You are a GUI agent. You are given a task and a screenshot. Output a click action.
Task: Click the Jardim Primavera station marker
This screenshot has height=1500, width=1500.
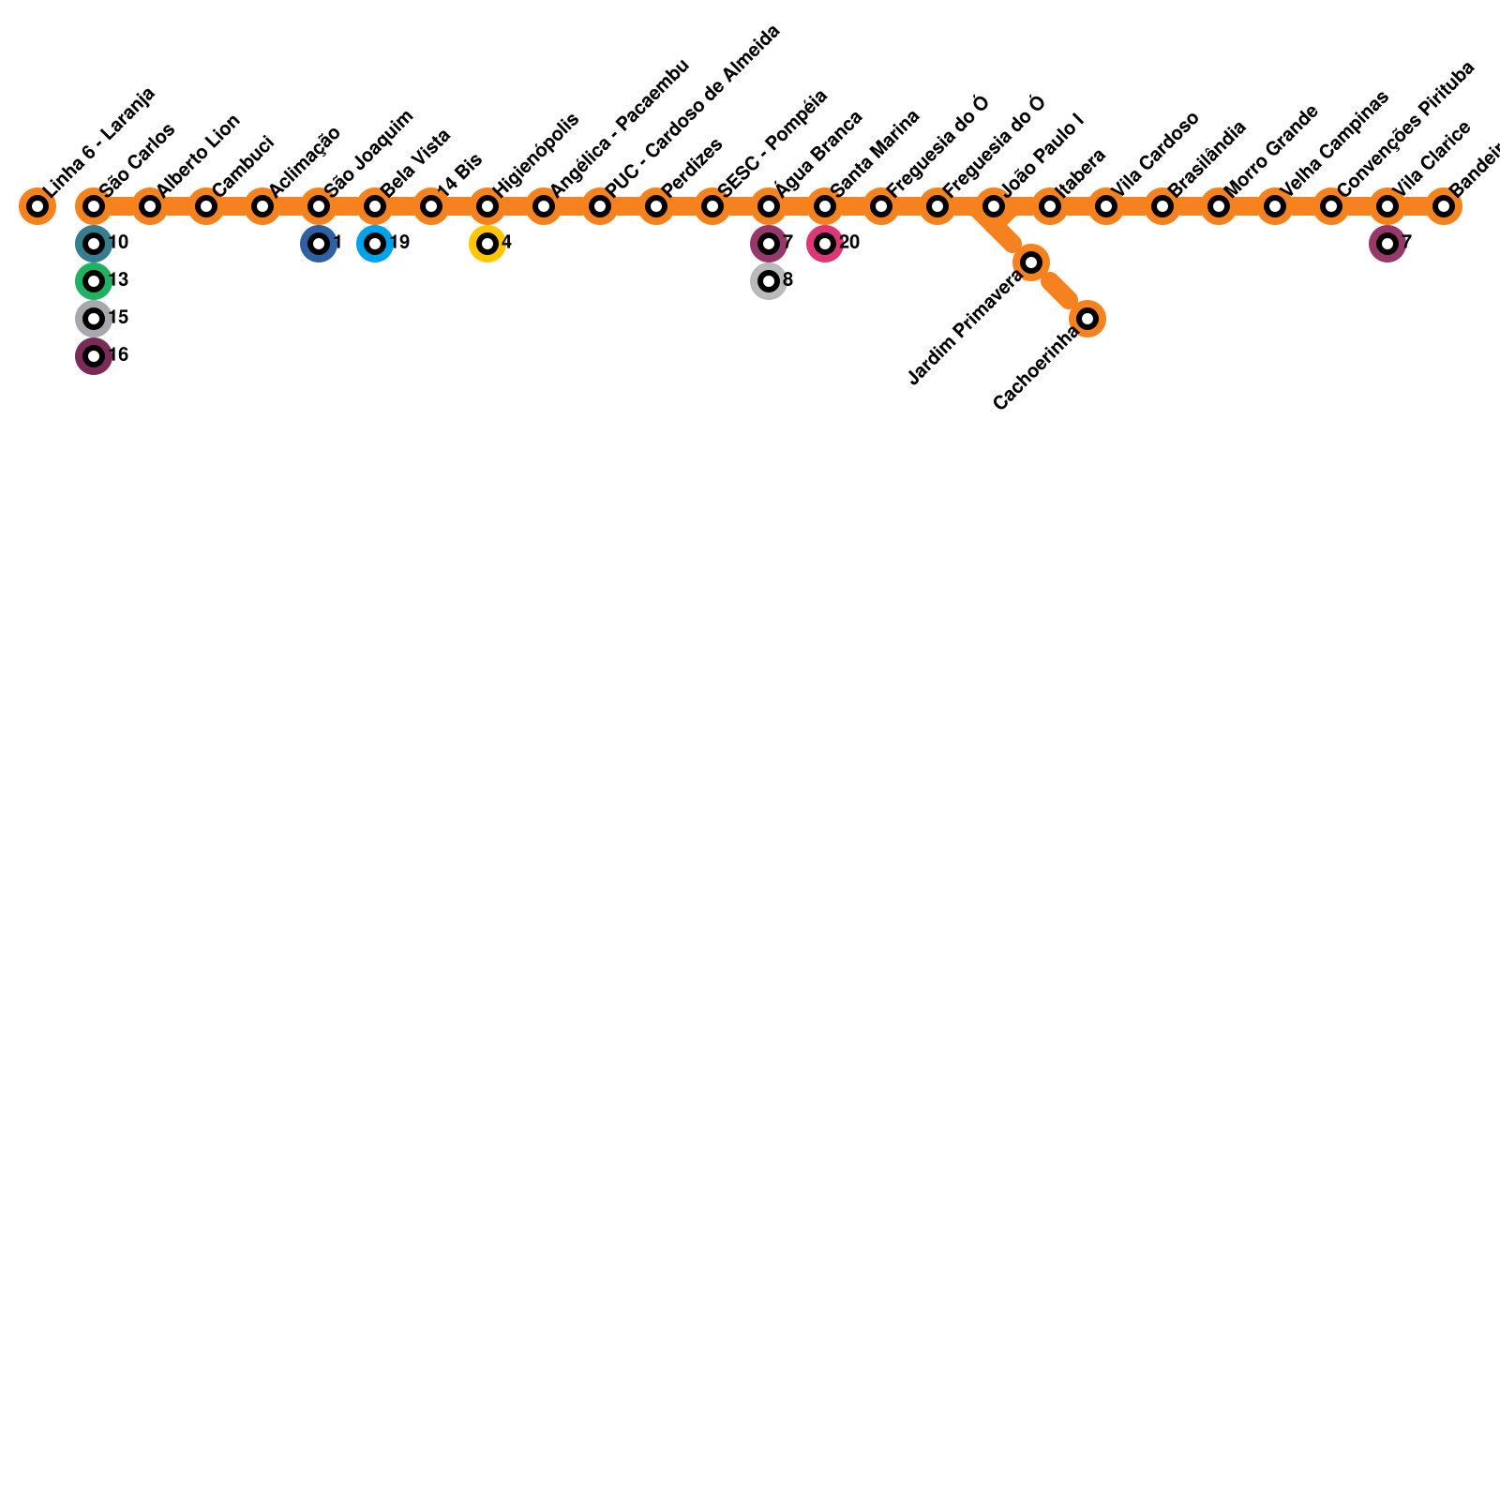coord(1031,262)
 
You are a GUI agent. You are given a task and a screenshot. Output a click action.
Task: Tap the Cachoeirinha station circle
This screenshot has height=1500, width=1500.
coord(1087,319)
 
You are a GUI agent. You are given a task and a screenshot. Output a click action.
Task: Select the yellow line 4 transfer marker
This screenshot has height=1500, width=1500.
coord(487,244)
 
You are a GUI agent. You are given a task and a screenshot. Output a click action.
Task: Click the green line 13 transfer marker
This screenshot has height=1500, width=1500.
coord(94,281)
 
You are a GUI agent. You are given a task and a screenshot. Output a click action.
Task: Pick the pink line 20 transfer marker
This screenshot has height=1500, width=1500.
coord(825,244)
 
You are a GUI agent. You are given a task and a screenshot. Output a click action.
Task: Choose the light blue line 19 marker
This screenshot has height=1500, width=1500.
coord(375,244)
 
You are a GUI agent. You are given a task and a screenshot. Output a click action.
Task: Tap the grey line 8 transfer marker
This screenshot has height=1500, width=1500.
coord(769,281)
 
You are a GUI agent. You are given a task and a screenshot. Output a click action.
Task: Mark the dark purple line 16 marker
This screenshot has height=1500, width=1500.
coord(94,356)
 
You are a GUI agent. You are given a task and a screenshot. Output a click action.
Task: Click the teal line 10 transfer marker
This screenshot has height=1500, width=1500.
coord(94,244)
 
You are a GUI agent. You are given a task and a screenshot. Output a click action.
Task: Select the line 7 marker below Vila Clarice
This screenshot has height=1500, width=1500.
coord(1387,244)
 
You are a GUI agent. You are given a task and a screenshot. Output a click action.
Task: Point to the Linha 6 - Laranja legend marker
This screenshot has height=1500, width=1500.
coord(37,206)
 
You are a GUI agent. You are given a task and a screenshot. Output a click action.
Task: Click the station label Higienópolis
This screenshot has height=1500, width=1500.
coord(535,154)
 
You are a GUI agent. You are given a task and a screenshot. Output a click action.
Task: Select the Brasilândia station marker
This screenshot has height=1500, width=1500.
coord(1162,206)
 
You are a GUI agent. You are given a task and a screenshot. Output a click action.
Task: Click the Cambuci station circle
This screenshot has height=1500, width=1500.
coord(206,206)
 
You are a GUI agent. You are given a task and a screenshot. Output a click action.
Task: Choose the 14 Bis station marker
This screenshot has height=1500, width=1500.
coord(431,206)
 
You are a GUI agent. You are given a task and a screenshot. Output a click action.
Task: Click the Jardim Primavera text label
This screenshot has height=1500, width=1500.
coord(966,328)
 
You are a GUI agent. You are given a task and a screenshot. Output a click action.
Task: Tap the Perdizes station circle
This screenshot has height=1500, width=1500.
coord(656,206)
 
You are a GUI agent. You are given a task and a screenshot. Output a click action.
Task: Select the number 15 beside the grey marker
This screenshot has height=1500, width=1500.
coord(118,318)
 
